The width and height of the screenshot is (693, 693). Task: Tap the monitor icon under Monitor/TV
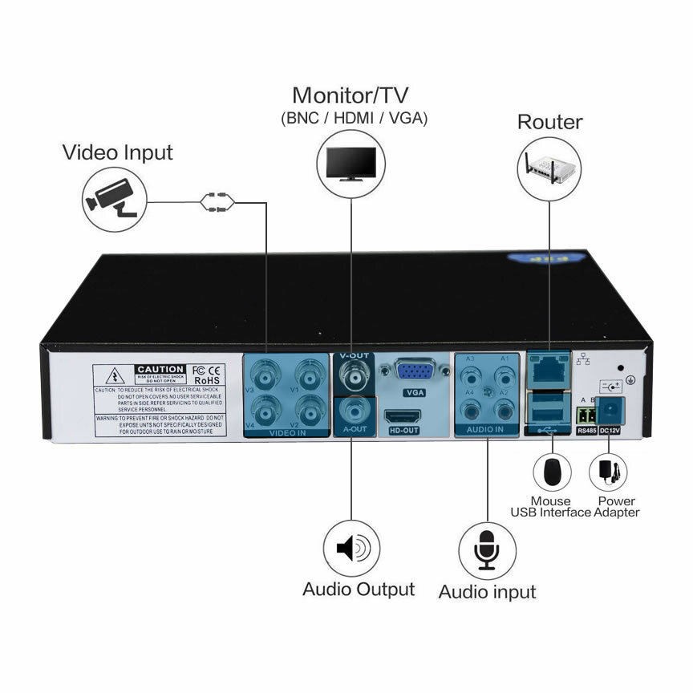[351, 164]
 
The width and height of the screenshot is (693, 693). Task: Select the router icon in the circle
[549, 166]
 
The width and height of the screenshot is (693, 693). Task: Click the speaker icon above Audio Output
[351, 549]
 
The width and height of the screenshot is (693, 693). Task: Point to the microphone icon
[487, 550]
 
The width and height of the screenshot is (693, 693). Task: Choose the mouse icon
[552, 472]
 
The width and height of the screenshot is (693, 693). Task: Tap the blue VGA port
[414, 371]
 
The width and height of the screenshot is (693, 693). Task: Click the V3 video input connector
[265, 375]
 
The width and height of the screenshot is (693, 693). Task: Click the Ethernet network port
[549, 368]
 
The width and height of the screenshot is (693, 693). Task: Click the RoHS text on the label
[209, 381]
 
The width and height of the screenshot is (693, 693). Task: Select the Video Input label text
[117, 152]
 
